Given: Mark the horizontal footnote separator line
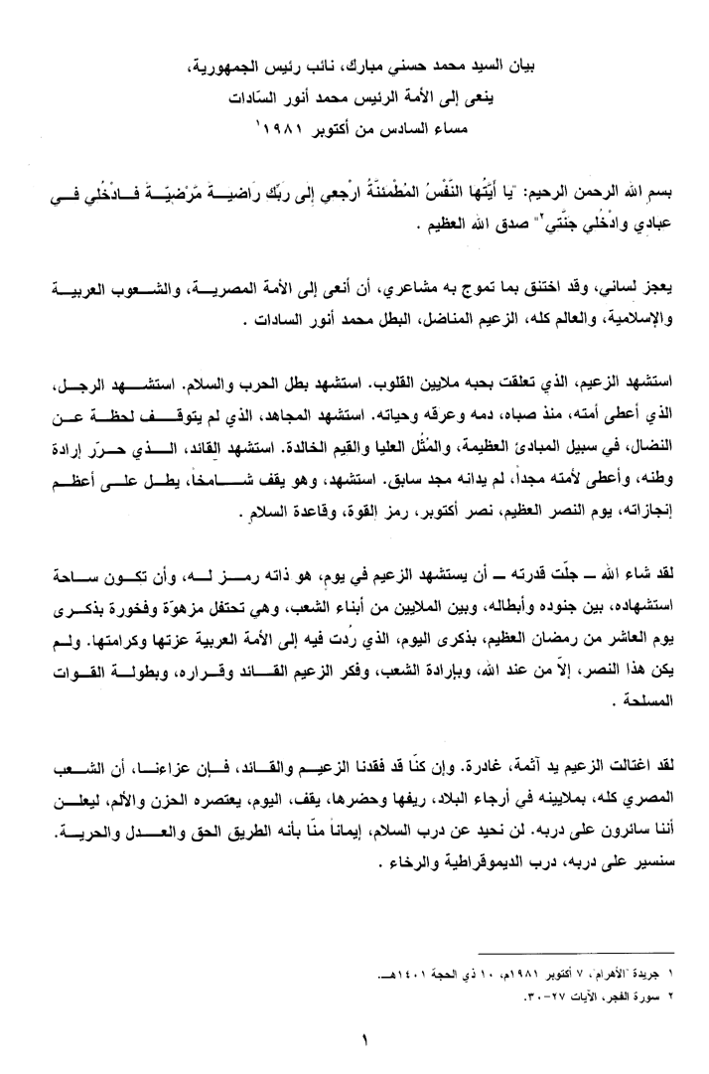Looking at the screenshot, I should point(599,952).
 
